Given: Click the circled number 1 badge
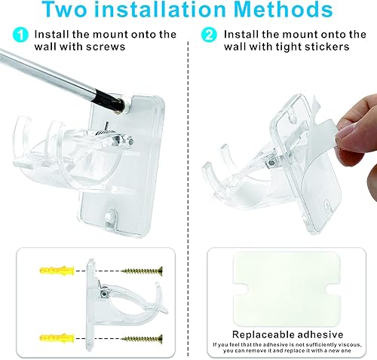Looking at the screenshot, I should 20,35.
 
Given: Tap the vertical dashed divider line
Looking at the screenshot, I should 188,188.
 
